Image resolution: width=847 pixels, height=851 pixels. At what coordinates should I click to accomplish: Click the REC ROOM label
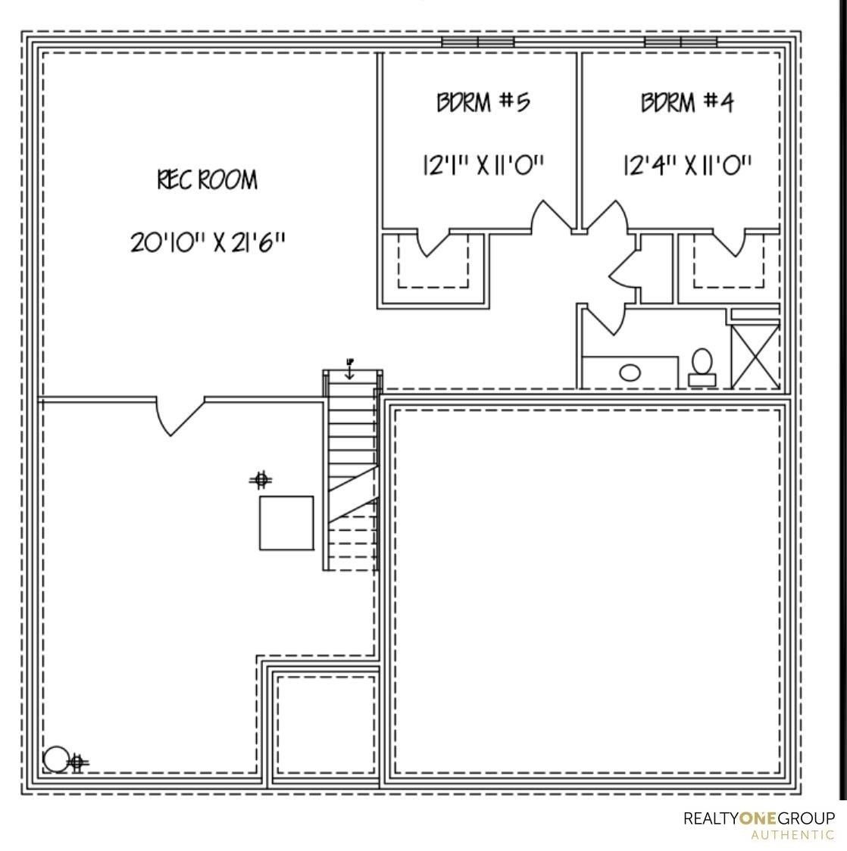pyautogui.click(x=207, y=180)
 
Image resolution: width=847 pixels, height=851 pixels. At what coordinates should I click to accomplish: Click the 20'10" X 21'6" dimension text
pyautogui.click(x=208, y=242)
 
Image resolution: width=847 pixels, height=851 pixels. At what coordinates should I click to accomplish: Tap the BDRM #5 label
pyautogui.click(x=483, y=101)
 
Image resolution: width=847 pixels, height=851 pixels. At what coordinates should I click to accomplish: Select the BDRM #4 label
pyautogui.click(x=687, y=101)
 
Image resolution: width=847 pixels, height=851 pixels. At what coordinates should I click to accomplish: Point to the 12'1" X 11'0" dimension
pyautogui.click(x=483, y=164)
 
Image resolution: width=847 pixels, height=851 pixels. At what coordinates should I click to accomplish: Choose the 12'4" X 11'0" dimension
pyautogui.click(x=687, y=164)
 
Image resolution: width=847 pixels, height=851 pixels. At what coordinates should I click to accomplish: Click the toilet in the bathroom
pyautogui.click(x=702, y=367)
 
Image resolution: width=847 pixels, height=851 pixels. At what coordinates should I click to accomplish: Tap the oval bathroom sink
pyautogui.click(x=630, y=373)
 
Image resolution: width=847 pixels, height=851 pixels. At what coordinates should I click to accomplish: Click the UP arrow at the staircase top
pyautogui.click(x=349, y=369)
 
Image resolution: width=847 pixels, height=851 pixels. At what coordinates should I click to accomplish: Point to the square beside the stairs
pyautogui.click(x=286, y=522)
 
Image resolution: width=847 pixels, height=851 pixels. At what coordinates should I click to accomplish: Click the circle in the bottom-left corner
pyautogui.click(x=55, y=758)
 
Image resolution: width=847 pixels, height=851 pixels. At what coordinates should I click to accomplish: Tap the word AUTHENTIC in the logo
pyautogui.click(x=792, y=835)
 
